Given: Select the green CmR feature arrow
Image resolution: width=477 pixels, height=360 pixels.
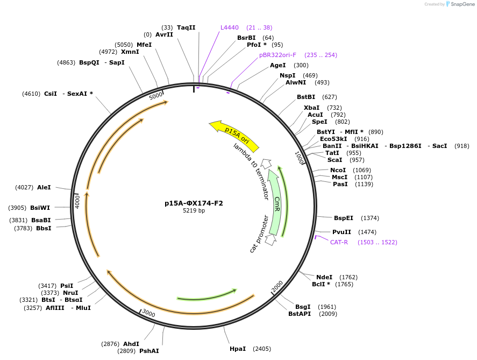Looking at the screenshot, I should point(275,202).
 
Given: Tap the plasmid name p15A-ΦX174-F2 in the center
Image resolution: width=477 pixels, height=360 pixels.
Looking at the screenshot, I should point(194,203).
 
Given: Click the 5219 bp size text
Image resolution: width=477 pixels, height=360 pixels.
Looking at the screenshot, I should point(194,210).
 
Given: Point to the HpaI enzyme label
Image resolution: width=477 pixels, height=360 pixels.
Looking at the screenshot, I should point(238,349).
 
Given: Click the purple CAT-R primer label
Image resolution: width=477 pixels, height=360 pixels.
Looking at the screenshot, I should point(339,242).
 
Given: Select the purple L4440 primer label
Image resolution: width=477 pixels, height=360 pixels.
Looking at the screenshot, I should point(229,27).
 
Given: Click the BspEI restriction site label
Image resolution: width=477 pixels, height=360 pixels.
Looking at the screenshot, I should point(344,218).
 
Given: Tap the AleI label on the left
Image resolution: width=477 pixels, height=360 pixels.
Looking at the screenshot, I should point(44,187).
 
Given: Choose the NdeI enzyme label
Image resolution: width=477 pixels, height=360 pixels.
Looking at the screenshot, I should point(324,277).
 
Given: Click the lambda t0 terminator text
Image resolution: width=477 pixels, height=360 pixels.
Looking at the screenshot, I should point(251,171).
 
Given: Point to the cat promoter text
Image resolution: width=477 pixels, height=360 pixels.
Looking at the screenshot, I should point(259,234).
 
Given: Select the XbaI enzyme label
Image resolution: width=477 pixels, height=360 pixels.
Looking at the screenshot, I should point(311,108).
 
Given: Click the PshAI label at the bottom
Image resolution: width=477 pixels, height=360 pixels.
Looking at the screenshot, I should point(149,351).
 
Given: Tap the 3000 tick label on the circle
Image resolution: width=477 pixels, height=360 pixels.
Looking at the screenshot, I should point(148,314).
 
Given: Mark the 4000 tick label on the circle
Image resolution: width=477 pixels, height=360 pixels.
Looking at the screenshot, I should point(77,202).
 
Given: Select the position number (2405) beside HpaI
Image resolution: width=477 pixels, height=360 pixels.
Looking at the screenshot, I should point(262,349).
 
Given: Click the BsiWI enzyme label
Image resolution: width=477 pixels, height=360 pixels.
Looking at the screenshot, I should point(40,208).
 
